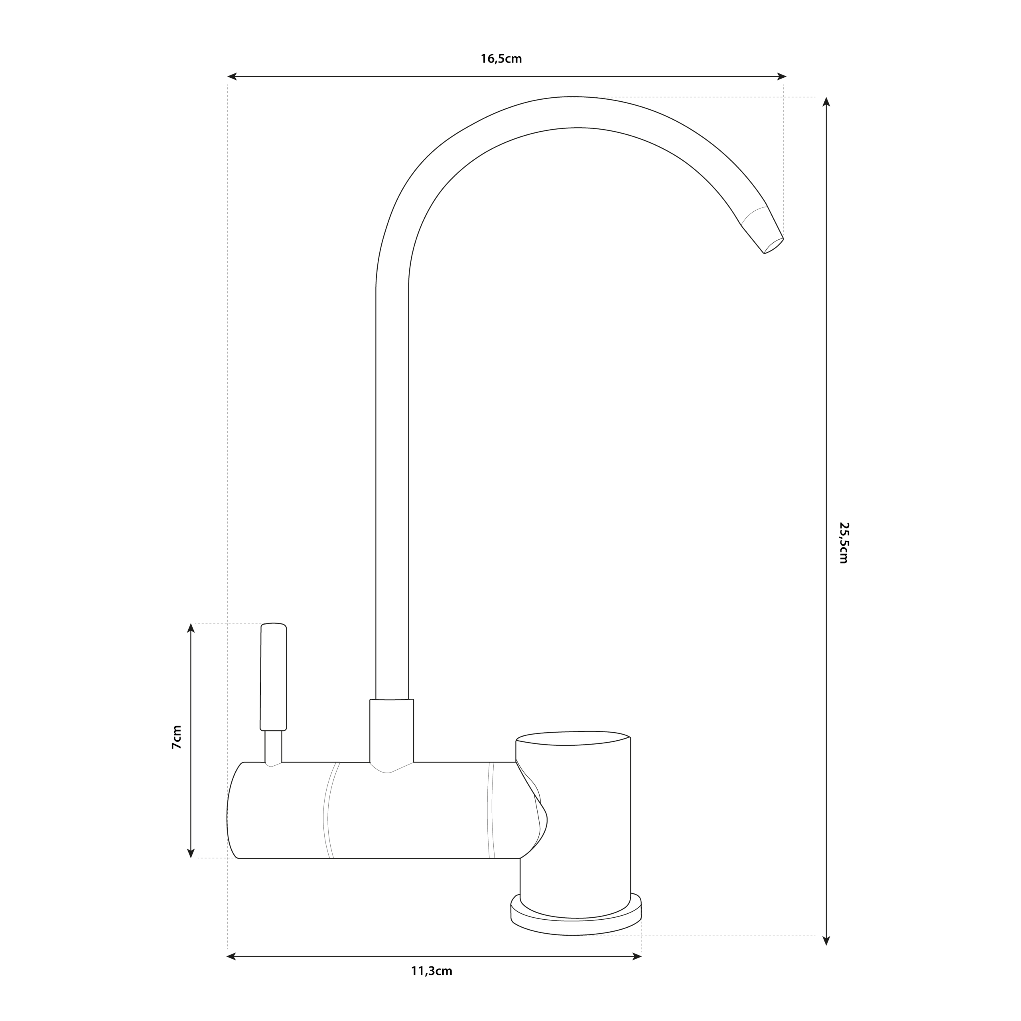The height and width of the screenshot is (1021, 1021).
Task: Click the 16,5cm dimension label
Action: (501, 59)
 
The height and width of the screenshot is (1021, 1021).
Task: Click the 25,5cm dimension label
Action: (844, 543)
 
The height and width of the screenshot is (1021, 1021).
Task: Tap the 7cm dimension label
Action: (177, 737)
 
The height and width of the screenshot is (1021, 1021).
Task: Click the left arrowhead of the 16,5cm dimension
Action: (231, 77)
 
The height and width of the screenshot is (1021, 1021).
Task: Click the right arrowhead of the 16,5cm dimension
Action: (782, 77)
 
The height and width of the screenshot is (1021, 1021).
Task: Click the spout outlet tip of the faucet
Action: (774, 246)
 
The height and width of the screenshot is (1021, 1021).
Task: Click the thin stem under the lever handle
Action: (273, 747)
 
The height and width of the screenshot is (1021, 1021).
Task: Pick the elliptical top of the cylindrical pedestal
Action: (573, 738)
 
